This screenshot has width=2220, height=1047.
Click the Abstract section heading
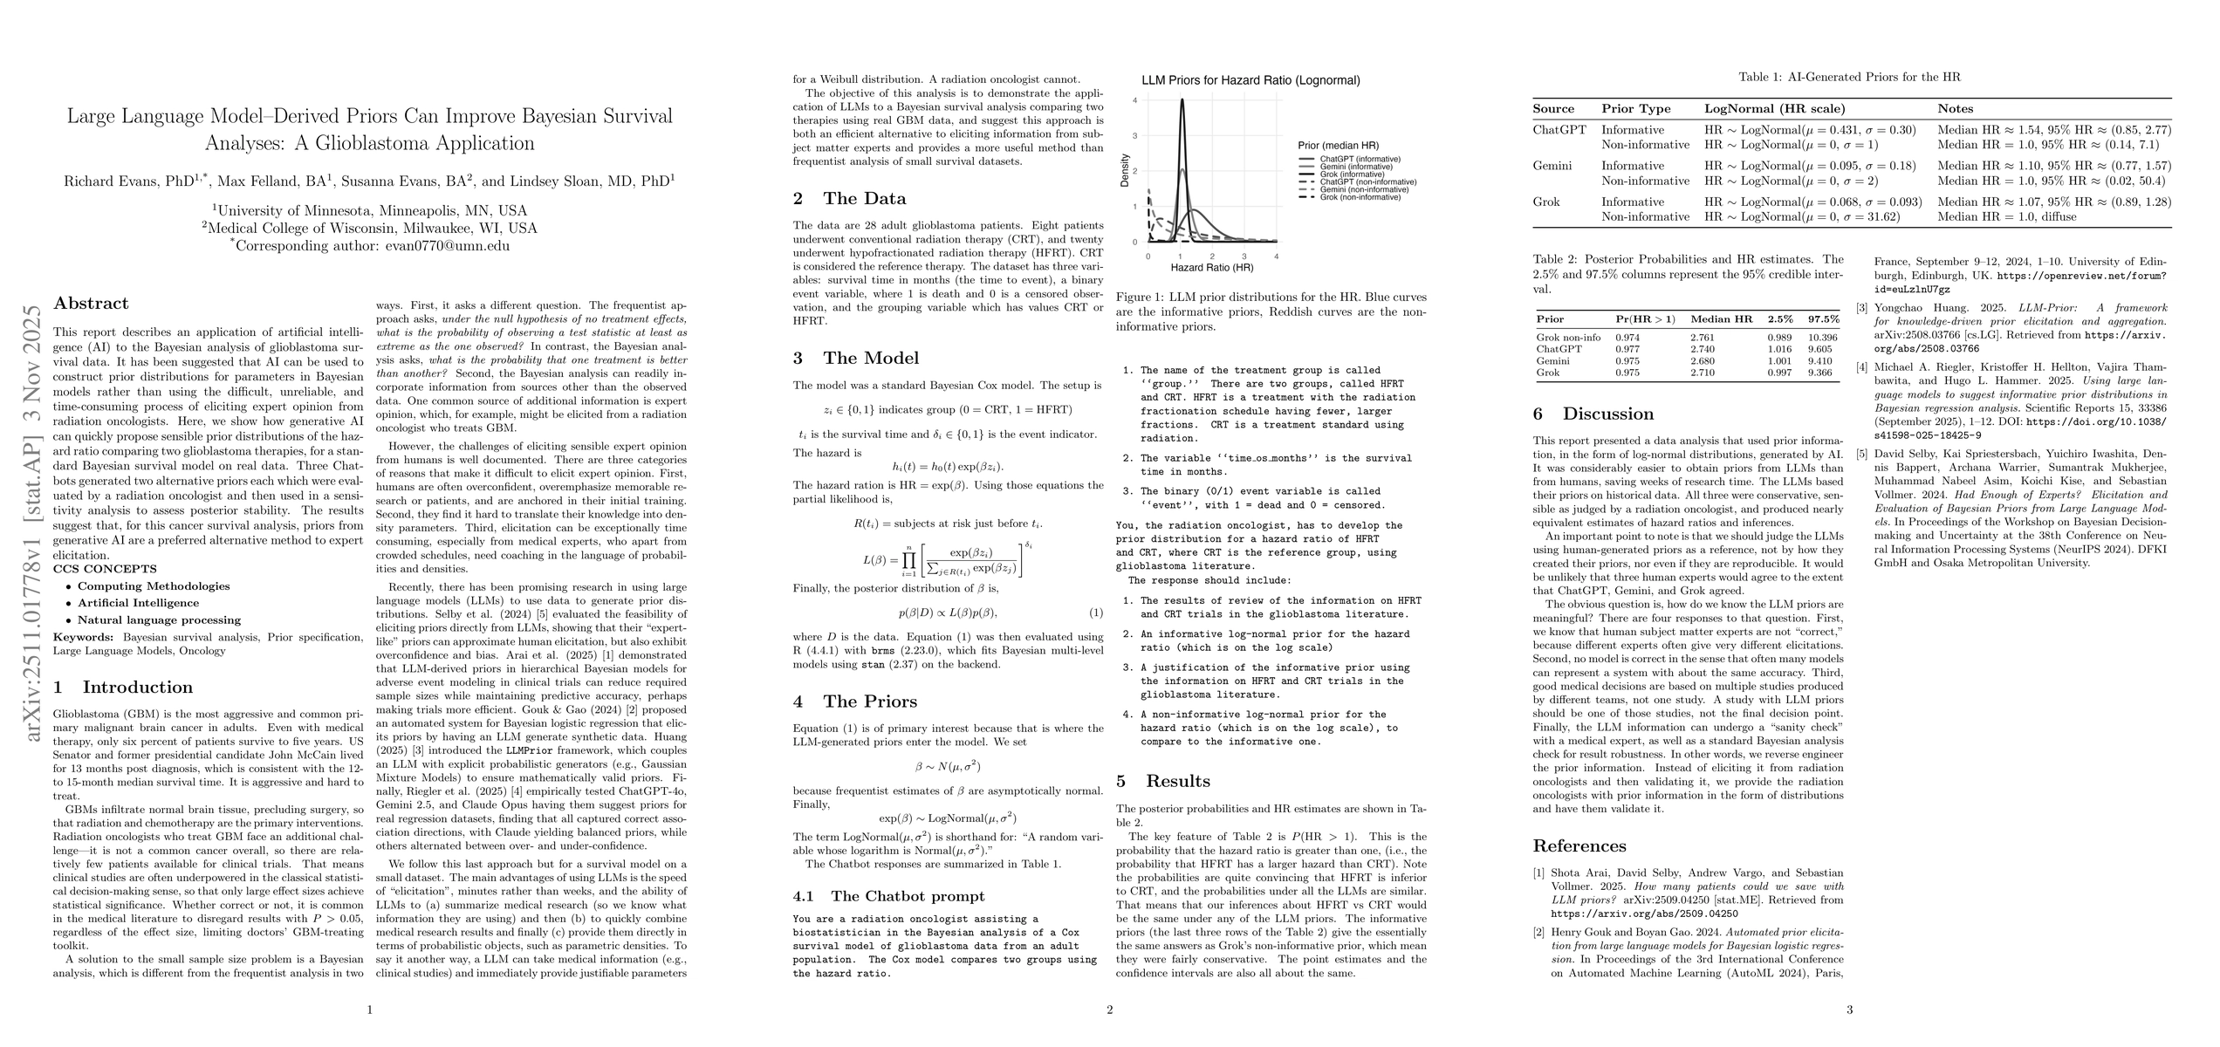click(x=91, y=304)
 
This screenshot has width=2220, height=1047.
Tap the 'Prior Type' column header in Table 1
click(x=1636, y=109)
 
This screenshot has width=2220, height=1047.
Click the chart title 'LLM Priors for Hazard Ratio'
click(x=1250, y=81)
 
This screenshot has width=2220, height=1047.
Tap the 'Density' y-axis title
click(x=1125, y=171)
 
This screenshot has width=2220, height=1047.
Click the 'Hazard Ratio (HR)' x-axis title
click(x=1212, y=267)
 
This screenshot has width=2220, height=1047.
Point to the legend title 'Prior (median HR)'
click(x=1339, y=145)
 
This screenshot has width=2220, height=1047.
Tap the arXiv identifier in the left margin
click(x=33, y=523)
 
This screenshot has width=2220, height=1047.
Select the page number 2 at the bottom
click(x=1109, y=1010)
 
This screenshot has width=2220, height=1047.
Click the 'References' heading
click(x=1579, y=845)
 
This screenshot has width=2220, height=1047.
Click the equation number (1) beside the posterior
click(x=1096, y=613)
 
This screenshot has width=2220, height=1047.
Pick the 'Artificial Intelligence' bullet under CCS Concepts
click(x=138, y=603)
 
